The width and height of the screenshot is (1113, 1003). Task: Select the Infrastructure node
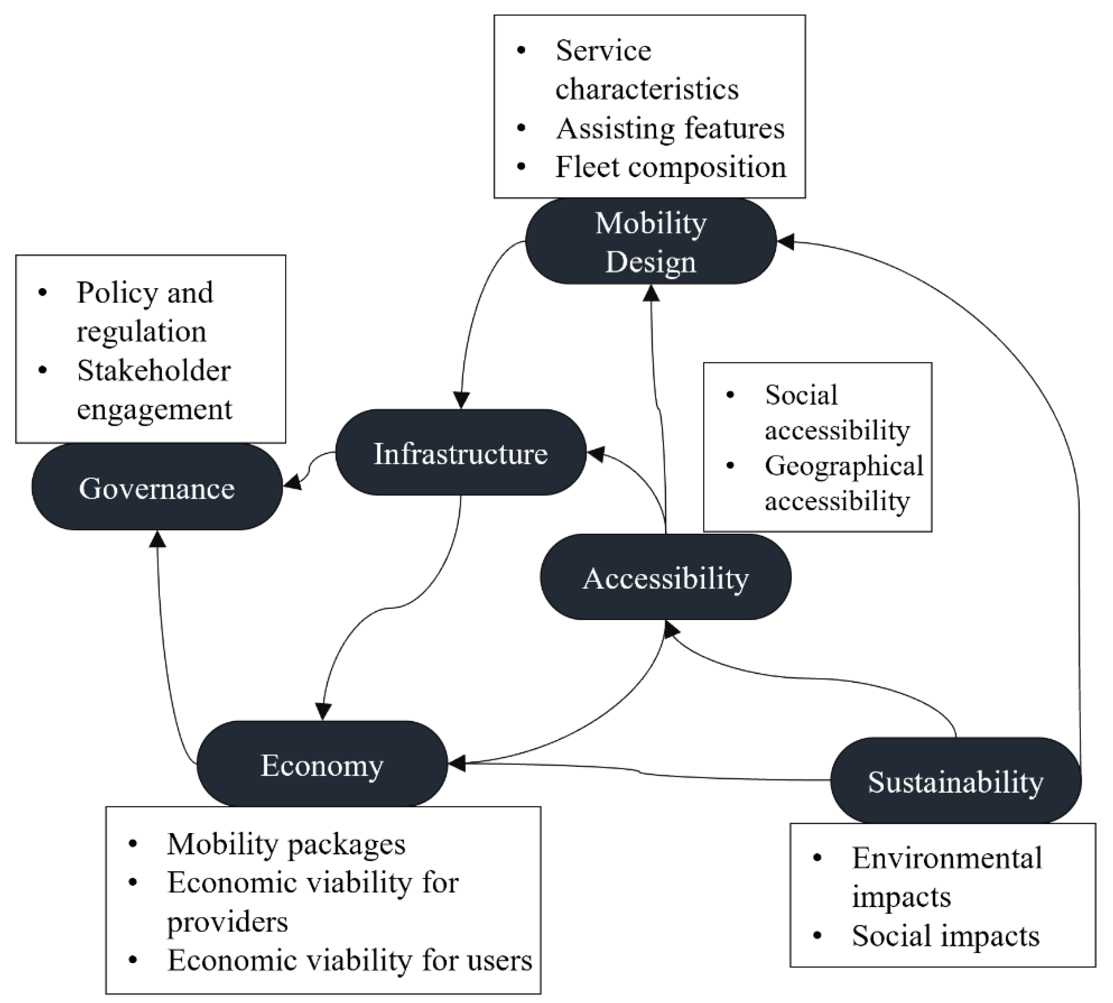pos(461,453)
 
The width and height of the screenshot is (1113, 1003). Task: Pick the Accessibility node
pos(665,578)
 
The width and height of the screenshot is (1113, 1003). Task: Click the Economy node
pos(322,764)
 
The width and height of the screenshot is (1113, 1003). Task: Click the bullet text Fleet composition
pos(670,167)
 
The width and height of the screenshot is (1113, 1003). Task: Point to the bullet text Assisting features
pos(670,128)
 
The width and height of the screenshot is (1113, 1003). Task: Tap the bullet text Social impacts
pos(945,935)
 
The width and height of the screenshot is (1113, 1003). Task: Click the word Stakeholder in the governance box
pos(154,370)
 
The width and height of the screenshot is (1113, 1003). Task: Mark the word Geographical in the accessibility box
pos(844,466)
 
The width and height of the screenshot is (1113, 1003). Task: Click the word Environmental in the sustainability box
pos(947,858)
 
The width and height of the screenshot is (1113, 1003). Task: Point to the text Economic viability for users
pos(350,961)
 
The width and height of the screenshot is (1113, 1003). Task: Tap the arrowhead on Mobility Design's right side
pos(785,241)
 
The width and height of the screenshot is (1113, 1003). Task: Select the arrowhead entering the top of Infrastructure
pos(461,399)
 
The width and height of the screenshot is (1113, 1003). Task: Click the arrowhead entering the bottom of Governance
pos(158,539)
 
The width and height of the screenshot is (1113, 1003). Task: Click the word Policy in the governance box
pos(116,292)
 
